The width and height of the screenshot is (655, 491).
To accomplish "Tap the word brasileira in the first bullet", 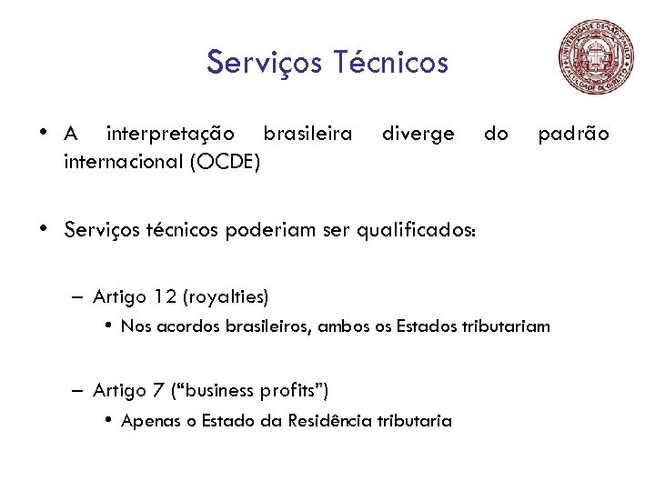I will (x=307, y=135).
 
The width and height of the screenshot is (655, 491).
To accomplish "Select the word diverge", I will (x=418, y=135).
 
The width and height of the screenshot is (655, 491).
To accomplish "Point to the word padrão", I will (x=573, y=135).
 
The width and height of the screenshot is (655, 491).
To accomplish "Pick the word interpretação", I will (x=170, y=135).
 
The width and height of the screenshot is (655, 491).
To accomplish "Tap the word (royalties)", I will (x=227, y=296).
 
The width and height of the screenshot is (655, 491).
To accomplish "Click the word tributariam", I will (x=509, y=326).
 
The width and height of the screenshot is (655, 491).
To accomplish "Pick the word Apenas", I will (x=149, y=421).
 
